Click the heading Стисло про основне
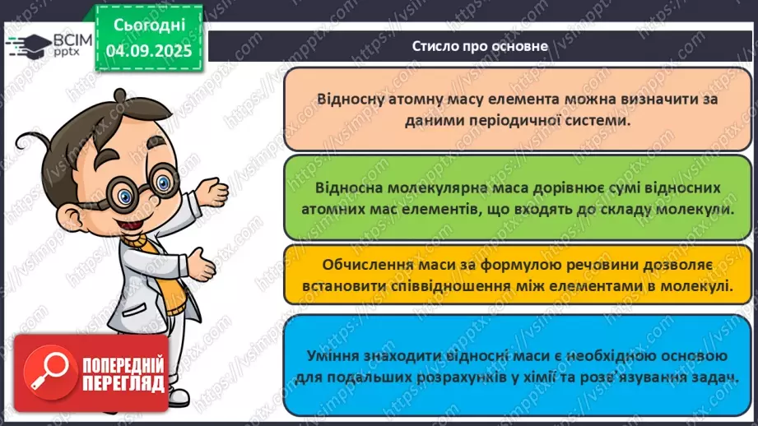pos(480,46)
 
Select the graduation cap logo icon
pos(28,45)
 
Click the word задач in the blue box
pos(712,377)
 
